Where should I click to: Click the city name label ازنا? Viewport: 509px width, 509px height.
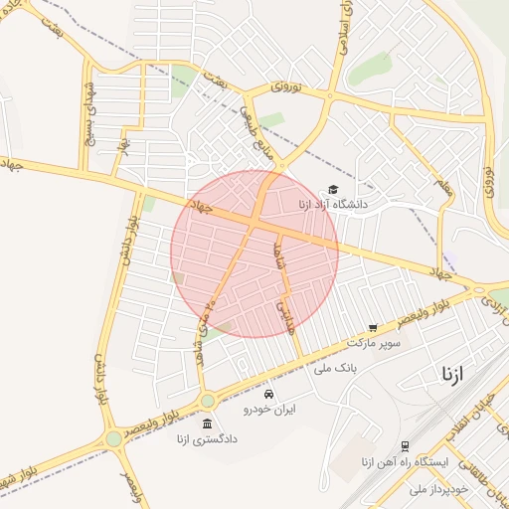click(453, 374)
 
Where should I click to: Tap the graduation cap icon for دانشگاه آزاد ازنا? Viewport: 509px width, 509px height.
click(333, 189)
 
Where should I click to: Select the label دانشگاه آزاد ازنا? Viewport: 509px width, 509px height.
click(332, 204)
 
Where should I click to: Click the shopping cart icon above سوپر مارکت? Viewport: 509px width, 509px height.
click(373, 327)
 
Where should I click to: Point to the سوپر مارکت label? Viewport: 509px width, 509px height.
click(374, 342)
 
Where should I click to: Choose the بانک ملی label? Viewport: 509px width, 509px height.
click(335, 368)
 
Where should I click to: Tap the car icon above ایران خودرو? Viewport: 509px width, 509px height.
click(268, 394)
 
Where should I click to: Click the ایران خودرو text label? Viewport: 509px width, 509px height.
click(268, 408)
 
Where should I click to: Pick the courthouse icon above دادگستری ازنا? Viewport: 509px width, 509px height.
click(207, 424)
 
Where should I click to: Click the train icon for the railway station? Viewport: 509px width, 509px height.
click(405, 447)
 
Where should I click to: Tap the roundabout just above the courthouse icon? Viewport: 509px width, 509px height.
click(207, 401)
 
